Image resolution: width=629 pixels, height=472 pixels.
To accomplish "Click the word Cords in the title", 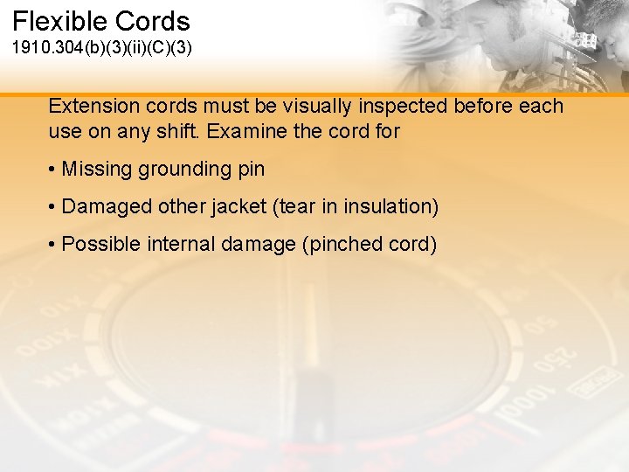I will tap(158, 21).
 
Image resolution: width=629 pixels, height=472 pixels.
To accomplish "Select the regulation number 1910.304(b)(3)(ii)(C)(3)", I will tap(101, 46).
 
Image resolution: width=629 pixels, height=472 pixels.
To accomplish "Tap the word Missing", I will tap(97, 169).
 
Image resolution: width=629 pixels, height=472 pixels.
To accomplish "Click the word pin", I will tap(251, 170).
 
